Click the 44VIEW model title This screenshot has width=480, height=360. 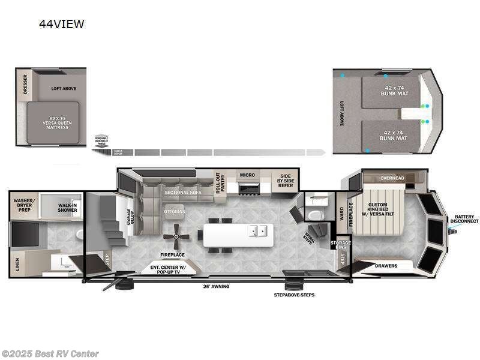pos(61,25)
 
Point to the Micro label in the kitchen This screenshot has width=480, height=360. pos(247,175)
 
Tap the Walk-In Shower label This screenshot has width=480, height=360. pos(67,208)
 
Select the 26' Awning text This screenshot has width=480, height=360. pos(217,286)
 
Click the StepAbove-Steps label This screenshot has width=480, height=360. pos(294,295)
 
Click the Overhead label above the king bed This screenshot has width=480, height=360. pos(392,178)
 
